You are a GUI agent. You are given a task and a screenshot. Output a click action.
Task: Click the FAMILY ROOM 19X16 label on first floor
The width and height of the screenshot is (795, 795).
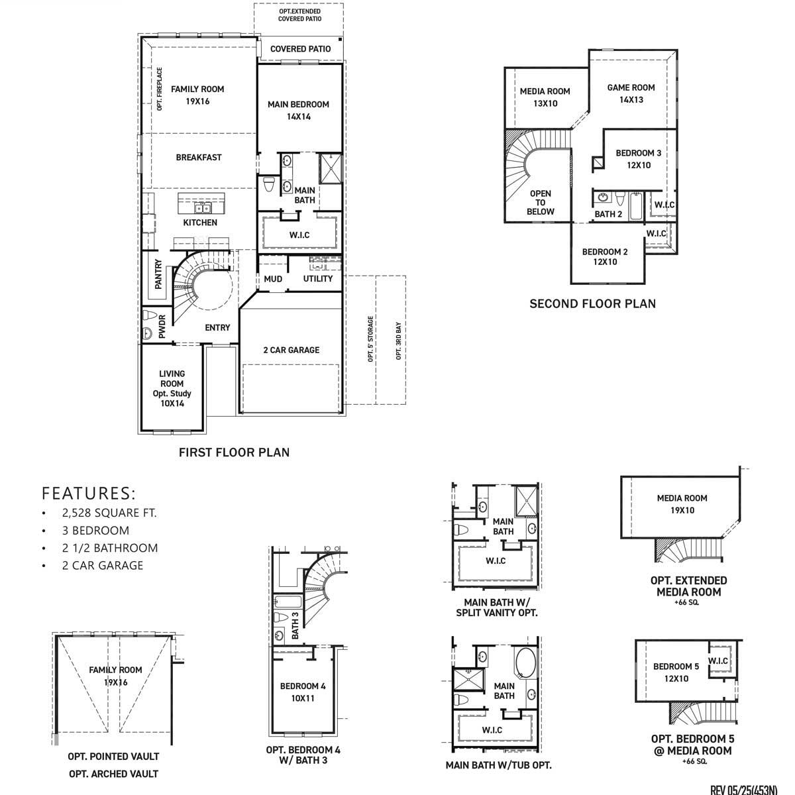pos(197,95)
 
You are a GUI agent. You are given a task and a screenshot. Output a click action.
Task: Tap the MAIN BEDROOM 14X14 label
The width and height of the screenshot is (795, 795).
pos(298,110)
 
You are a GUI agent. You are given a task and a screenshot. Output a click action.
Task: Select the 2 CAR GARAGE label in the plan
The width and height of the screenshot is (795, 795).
pos(291,350)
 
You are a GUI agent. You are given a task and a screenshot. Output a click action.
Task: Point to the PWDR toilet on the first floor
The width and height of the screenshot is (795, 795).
pos(148,315)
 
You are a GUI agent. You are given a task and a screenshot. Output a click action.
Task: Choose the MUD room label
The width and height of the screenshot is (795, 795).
pos(273,279)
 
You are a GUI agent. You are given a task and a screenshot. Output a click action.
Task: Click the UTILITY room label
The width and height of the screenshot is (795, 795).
pos(318,279)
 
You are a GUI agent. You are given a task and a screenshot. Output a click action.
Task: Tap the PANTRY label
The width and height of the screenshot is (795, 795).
pos(159,274)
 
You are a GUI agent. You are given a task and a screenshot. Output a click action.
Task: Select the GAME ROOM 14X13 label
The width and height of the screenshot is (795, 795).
pos(631,93)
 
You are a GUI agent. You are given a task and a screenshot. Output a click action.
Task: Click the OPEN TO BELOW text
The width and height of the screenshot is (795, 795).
pos(541,203)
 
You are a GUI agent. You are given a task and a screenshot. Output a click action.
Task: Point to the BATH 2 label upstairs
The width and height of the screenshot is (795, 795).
pos(608,214)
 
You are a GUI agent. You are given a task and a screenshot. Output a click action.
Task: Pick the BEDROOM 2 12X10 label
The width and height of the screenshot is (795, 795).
pos(604,256)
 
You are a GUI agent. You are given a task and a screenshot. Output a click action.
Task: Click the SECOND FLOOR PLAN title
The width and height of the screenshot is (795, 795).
pos(592,304)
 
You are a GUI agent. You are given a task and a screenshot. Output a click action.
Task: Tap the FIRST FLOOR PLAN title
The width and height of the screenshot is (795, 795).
pos(234,452)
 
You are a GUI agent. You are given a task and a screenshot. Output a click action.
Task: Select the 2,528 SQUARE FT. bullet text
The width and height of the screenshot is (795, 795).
pos(109,513)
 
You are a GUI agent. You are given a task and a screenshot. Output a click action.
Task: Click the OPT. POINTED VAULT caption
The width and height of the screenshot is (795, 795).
pos(113,756)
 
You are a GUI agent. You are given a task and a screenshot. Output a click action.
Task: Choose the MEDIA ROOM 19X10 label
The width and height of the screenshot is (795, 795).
pos(682,504)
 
